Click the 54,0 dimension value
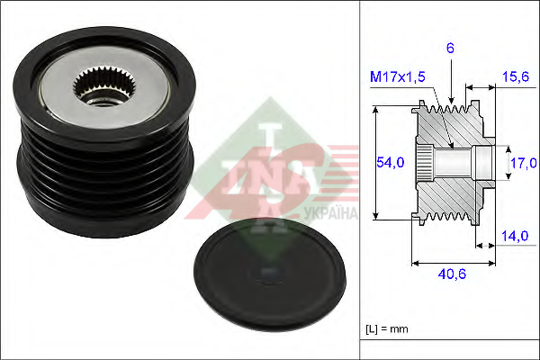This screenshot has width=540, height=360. tap(390, 162)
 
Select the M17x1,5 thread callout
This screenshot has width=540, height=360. tap(398, 76)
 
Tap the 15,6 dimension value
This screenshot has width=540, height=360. tap(516, 76)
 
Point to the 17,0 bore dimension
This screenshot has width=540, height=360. tap(524, 163)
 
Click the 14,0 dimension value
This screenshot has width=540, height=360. tap(515, 236)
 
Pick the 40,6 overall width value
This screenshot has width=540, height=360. tap(452, 274)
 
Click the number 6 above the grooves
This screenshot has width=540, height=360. tap(451, 49)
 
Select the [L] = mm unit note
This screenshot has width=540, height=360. tap(387, 329)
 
